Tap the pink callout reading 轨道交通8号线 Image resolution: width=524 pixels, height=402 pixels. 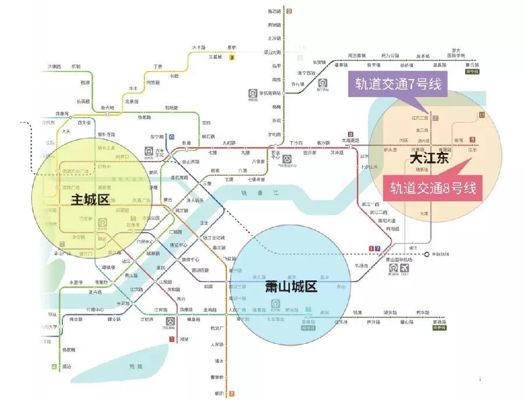pos(433,188)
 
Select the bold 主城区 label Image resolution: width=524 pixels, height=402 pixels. pos(90,200)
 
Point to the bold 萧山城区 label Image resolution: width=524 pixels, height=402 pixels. pos(291,286)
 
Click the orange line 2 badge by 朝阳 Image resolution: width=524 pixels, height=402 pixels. pos(232,394)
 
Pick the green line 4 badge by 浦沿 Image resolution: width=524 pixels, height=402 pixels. pos(54,367)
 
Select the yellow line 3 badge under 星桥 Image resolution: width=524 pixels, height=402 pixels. pos(232,58)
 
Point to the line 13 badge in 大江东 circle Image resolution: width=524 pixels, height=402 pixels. pos(481,115)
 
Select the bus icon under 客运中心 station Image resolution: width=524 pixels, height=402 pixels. pos(287,158)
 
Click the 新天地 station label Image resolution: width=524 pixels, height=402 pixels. pos(108,108)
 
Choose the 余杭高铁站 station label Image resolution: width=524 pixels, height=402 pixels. pos(271,93)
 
